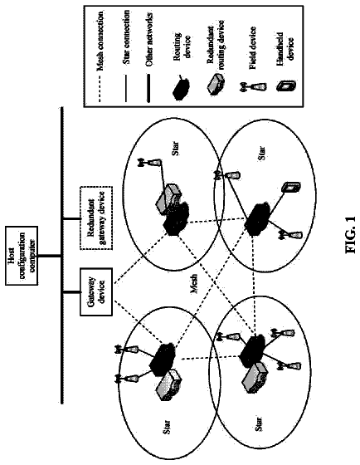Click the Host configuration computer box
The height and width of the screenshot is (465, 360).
(22, 256)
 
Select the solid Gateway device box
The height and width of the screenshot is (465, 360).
(96, 291)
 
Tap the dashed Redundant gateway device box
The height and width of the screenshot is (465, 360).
(96, 218)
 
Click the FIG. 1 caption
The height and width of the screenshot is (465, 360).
(351, 235)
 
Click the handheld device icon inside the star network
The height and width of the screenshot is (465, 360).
(291, 188)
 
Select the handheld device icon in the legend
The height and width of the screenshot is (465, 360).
(285, 86)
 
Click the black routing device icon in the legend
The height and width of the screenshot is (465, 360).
(182, 87)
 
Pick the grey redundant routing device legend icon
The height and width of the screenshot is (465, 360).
(216, 83)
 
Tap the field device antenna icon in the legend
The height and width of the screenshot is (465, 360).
(254, 87)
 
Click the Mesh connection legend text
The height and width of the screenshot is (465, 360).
(100, 41)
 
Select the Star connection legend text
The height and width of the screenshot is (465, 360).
(126, 37)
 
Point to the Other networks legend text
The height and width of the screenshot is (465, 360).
(149, 39)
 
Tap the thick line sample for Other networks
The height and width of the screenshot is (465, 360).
(148, 88)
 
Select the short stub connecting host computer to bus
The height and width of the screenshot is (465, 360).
(50, 256)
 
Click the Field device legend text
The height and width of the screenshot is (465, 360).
(252, 48)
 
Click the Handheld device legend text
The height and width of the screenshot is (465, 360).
(285, 46)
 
